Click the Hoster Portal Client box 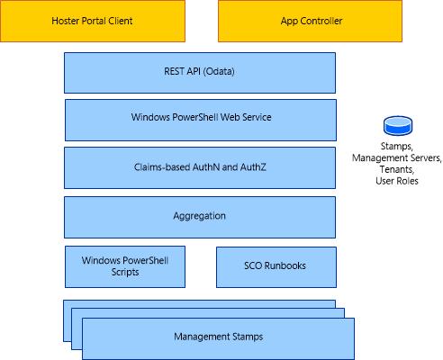93,21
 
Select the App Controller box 310,21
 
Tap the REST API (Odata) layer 200,73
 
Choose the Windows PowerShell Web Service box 201,120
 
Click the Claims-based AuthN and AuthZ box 200,167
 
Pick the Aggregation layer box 200,217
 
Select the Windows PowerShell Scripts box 125,266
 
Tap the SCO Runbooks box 276,267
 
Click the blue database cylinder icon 398,126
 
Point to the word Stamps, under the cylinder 397,147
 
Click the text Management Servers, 397,157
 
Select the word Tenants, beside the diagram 397,169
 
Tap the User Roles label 397,181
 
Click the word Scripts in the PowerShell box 125,272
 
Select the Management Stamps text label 219,337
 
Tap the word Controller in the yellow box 321,21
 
